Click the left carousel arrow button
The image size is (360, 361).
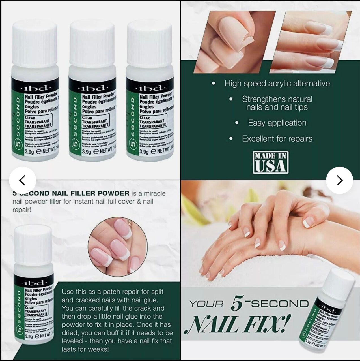(x=22, y=180)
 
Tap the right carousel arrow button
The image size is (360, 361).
(x=339, y=180)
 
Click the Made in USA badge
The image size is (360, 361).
(x=271, y=162)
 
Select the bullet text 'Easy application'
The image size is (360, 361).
(x=277, y=123)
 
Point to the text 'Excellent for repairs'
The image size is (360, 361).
(x=277, y=139)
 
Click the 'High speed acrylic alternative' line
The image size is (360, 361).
(x=277, y=84)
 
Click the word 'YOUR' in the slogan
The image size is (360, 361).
(x=206, y=304)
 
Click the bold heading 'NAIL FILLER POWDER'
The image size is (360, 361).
(x=90, y=193)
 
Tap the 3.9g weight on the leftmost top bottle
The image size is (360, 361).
(x=29, y=151)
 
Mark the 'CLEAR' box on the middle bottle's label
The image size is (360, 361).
(x=87, y=118)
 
